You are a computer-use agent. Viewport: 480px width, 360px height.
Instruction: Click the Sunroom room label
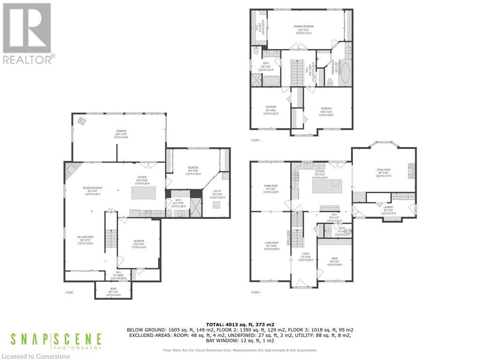click(x=109, y=132)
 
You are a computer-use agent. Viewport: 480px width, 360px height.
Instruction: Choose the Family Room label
click(x=383, y=171)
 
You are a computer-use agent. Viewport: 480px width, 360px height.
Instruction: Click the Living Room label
click(x=271, y=244)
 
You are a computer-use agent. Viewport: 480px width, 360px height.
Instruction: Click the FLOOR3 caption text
click(x=255, y=140)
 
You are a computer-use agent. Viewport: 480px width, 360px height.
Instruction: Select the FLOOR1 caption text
click(x=69, y=292)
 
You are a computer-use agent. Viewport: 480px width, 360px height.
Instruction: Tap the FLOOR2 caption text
click(x=255, y=292)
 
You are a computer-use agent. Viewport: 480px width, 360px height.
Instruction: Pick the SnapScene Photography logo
click(x=56, y=341)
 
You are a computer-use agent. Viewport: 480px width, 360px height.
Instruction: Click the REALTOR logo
click(x=28, y=33)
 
